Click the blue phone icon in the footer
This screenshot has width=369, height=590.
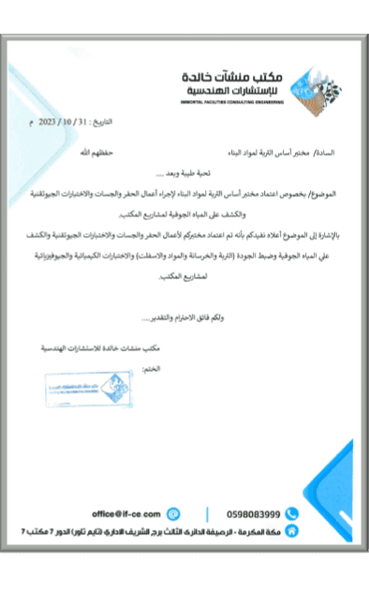pos(291,514)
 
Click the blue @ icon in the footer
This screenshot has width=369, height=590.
pos(173,514)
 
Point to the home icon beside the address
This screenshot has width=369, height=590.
pos(291,531)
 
